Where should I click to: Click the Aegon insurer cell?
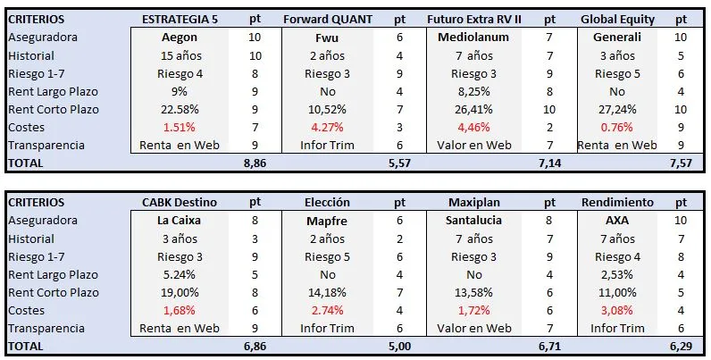click(x=180, y=38)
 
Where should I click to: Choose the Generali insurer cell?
click(x=617, y=38)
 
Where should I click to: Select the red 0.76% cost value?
click(x=617, y=127)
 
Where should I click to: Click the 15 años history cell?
click(x=180, y=56)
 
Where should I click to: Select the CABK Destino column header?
click(x=180, y=203)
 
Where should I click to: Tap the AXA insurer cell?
click(x=617, y=221)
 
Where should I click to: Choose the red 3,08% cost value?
click(x=617, y=310)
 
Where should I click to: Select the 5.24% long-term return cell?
click(x=180, y=274)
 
